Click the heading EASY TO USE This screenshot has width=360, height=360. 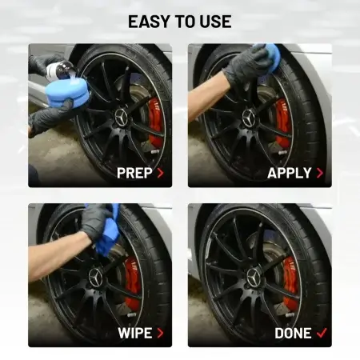[180, 22]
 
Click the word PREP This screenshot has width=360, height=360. [134, 173]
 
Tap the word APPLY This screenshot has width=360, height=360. [290, 173]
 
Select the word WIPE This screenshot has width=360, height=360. [135, 333]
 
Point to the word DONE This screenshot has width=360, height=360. [293, 333]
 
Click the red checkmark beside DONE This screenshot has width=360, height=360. [322, 333]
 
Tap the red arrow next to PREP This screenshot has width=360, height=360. [160, 173]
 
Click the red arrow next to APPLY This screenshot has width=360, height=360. [320, 173]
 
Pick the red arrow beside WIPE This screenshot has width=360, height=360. [160, 333]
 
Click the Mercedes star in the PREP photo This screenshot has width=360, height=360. [122, 118]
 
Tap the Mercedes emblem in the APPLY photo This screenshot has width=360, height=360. [249, 118]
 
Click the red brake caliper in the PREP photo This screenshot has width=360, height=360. [155, 122]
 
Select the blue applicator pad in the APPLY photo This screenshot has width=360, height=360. [270, 57]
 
